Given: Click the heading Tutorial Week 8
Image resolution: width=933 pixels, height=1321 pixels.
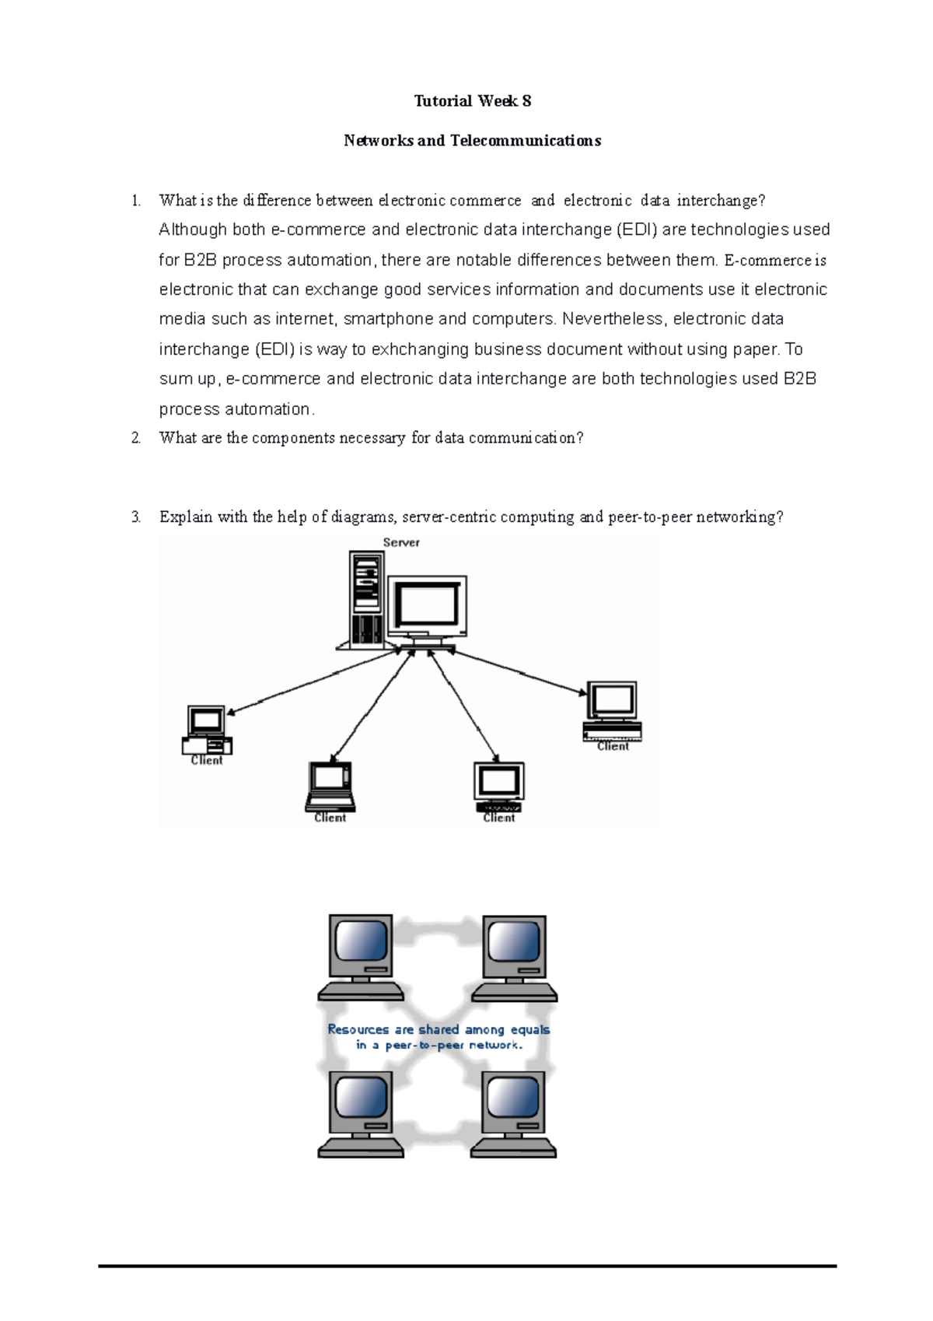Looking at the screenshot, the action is pyautogui.click(x=472, y=101).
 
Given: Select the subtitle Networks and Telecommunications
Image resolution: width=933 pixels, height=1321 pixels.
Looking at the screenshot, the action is pyautogui.click(x=472, y=141).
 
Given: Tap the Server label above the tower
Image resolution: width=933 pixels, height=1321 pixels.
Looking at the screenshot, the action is pyautogui.click(x=401, y=543).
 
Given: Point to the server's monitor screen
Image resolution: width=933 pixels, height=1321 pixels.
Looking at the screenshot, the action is pyautogui.click(x=427, y=606).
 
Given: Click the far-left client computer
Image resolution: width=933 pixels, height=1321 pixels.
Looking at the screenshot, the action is pyautogui.click(x=207, y=729).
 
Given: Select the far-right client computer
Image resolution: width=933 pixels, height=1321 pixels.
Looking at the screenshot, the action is pyautogui.click(x=613, y=710).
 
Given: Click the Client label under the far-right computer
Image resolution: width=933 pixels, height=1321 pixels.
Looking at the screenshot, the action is pyautogui.click(x=613, y=746).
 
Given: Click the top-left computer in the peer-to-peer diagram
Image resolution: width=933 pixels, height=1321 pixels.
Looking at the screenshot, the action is pyautogui.click(x=361, y=957).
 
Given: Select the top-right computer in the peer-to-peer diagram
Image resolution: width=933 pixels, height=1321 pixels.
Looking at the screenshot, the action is pyautogui.click(x=514, y=957).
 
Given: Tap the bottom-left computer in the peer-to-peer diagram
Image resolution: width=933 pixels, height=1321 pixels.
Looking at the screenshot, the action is pyautogui.click(x=361, y=1114).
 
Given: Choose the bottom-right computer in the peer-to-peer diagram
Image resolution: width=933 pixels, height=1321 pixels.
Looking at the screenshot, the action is pyautogui.click(x=513, y=1114).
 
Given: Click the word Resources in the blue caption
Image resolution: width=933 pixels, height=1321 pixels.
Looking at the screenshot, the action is pyautogui.click(x=358, y=1029).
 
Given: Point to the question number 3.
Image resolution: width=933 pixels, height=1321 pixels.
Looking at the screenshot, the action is pyautogui.click(x=136, y=517).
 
